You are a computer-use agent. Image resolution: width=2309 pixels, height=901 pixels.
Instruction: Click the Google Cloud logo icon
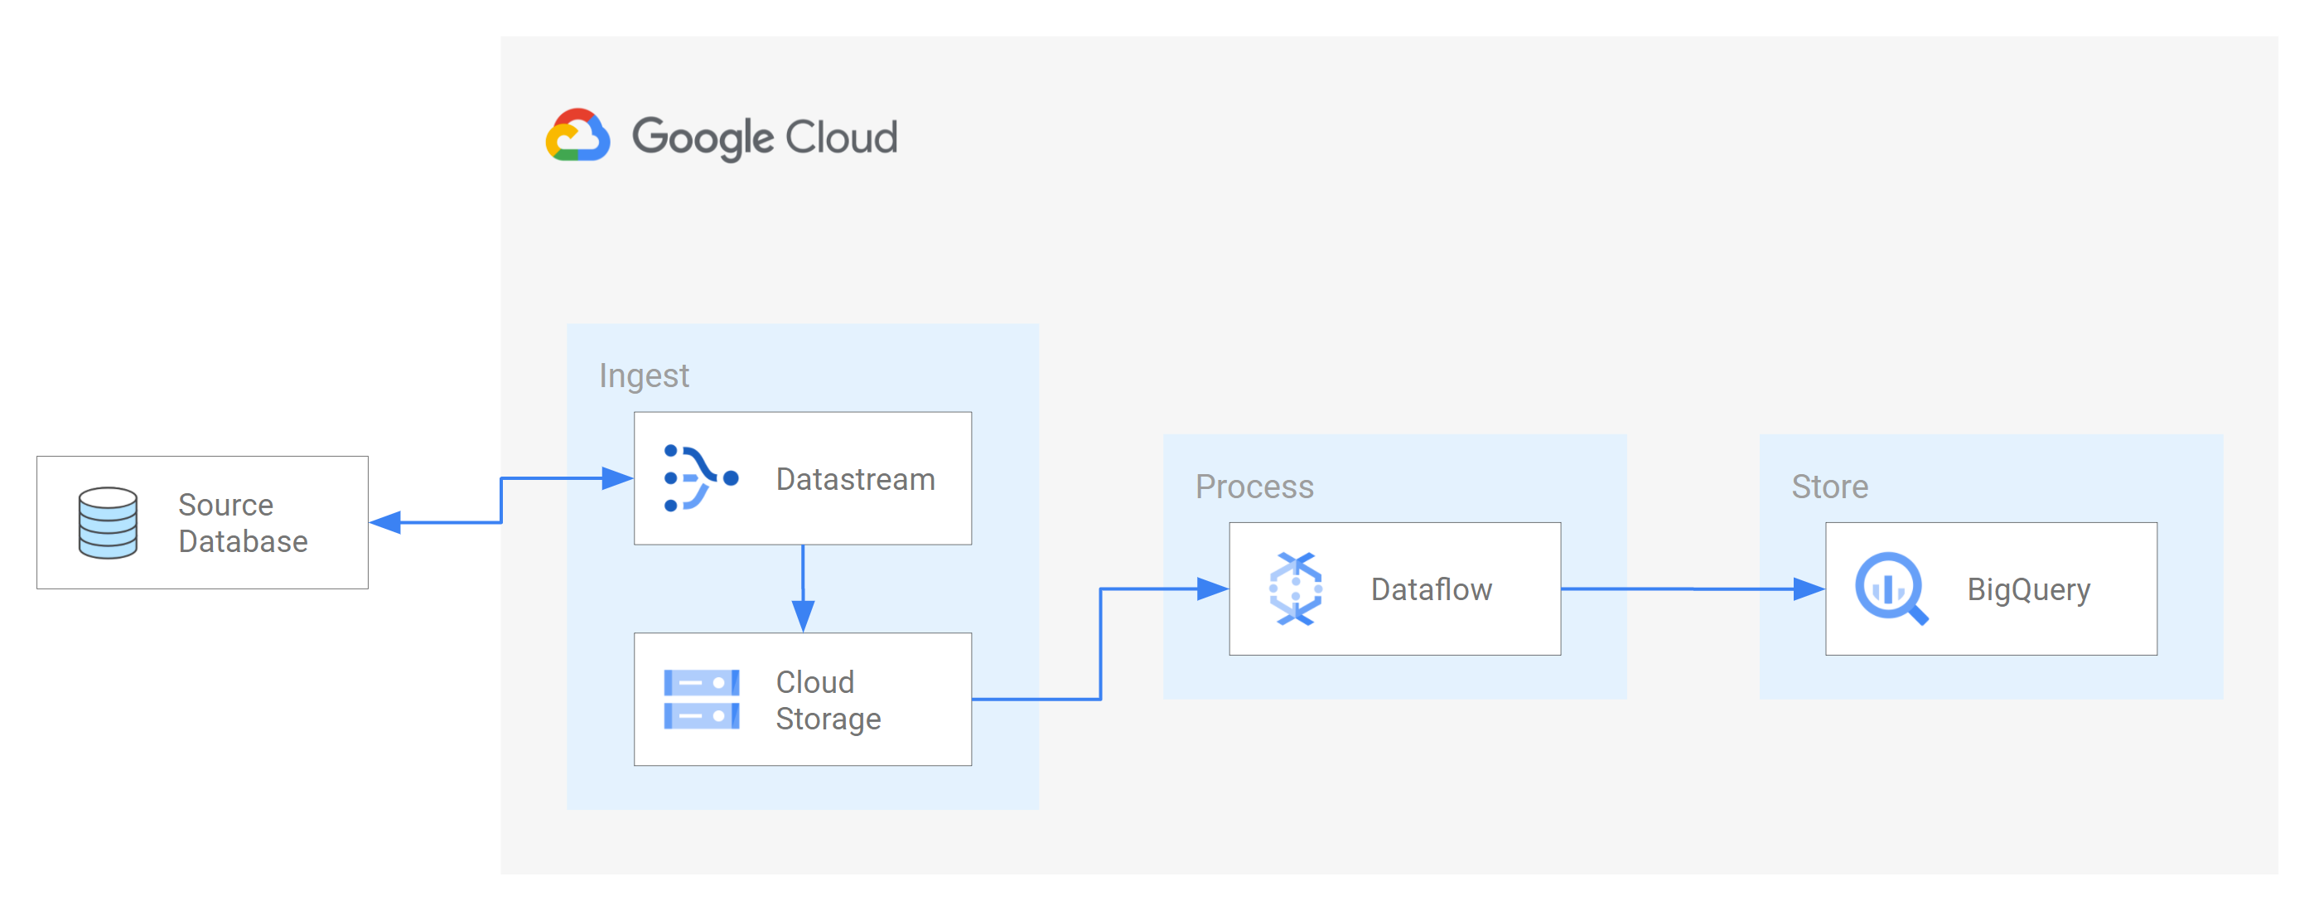(578, 135)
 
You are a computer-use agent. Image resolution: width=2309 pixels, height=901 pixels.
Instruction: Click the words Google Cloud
(765, 137)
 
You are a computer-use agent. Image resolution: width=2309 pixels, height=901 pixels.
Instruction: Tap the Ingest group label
(644, 375)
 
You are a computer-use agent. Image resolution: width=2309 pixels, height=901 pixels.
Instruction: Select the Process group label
(1254, 487)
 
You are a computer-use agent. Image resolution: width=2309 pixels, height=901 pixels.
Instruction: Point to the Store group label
(1829, 487)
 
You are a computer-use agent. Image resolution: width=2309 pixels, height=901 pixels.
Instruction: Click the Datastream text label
(855, 480)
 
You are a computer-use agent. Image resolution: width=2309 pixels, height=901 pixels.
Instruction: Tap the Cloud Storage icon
(701, 700)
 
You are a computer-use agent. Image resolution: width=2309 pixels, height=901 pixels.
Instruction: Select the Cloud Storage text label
(828, 700)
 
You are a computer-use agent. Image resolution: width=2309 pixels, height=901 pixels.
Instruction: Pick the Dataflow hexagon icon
(1295, 589)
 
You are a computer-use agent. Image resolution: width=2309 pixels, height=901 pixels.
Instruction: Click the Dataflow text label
(1432, 590)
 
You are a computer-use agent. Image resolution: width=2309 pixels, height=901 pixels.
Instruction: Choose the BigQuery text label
(2028, 590)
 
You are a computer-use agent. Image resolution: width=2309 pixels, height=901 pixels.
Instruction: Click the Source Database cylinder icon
(108, 523)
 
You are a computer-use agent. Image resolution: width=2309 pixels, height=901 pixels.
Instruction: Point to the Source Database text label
(242, 524)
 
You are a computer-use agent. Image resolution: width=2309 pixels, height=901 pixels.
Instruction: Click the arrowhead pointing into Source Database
(385, 523)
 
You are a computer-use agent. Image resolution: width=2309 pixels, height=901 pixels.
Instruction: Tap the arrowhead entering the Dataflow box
(1212, 589)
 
